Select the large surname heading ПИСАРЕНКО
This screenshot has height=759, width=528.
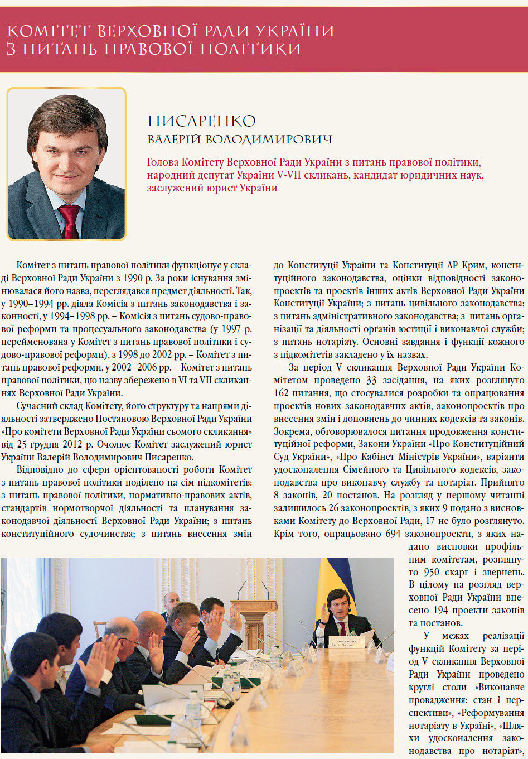(x=202, y=121)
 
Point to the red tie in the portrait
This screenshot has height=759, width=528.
(x=69, y=221)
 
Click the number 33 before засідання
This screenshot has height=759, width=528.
(x=371, y=381)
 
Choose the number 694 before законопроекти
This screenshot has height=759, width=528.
(x=393, y=534)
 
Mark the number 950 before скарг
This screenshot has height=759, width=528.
(x=431, y=572)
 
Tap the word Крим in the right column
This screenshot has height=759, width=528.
(x=473, y=265)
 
